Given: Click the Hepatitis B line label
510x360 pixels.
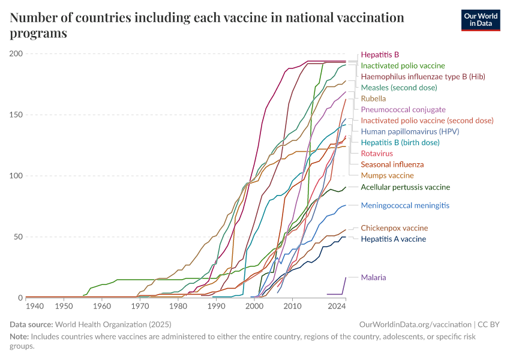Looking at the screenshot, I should coord(380,54).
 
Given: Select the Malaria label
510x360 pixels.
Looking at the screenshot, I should coord(373,277).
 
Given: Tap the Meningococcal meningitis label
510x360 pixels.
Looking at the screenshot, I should coord(405,205).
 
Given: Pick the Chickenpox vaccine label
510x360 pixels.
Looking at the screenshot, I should coord(394,228).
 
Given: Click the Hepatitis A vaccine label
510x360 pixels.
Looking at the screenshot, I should coord(393,239).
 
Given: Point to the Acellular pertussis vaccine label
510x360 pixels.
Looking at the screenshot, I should coord(405,187).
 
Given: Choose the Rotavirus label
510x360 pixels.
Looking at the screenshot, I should coord(376,154).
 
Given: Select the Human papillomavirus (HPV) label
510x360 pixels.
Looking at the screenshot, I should coord(401,131).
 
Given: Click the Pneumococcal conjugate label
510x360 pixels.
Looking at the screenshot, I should coord(403,110).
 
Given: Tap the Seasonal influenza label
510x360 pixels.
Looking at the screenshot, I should coord(392,164).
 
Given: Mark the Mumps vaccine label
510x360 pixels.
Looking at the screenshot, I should coord(387,176).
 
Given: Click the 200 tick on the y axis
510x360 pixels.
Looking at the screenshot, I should coord(16,54).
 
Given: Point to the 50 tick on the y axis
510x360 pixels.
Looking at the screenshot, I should coord(19,237).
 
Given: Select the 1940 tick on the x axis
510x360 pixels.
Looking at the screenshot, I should coord(35,306).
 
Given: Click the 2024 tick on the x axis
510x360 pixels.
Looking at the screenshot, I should coord(337,306).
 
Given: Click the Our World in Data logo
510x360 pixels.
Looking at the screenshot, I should coord(480,19).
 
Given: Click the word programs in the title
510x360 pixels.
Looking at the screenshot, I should coord(38,34).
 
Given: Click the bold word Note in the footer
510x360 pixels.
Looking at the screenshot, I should coord(20,337).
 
